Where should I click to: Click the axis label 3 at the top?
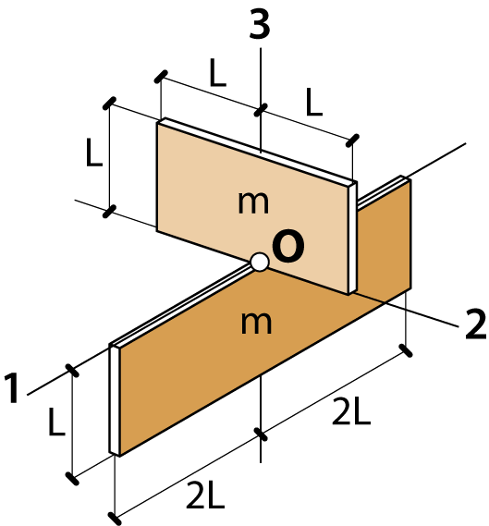point(260,24)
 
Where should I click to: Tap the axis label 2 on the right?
point(475,324)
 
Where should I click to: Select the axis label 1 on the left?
point(12,387)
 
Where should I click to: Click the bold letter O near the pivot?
point(288,246)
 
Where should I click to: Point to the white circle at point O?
point(260,262)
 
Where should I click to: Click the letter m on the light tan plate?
point(253,202)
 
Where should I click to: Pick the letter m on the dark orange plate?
point(256,323)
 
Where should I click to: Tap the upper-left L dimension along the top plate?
point(217,72)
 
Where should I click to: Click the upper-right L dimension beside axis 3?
point(314,102)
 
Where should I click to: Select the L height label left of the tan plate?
point(94,152)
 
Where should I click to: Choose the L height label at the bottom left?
point(56,422)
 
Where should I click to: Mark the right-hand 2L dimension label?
point(351,411)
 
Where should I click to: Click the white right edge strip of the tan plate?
point(352,239)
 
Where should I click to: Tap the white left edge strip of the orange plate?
point(115,400)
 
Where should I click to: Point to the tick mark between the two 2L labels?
point(261,434)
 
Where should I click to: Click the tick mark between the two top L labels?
point(261,110)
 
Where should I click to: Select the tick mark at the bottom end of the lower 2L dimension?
point(115,519)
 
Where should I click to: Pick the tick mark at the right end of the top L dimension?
point(352,141)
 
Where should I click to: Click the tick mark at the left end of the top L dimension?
point(161,77)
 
